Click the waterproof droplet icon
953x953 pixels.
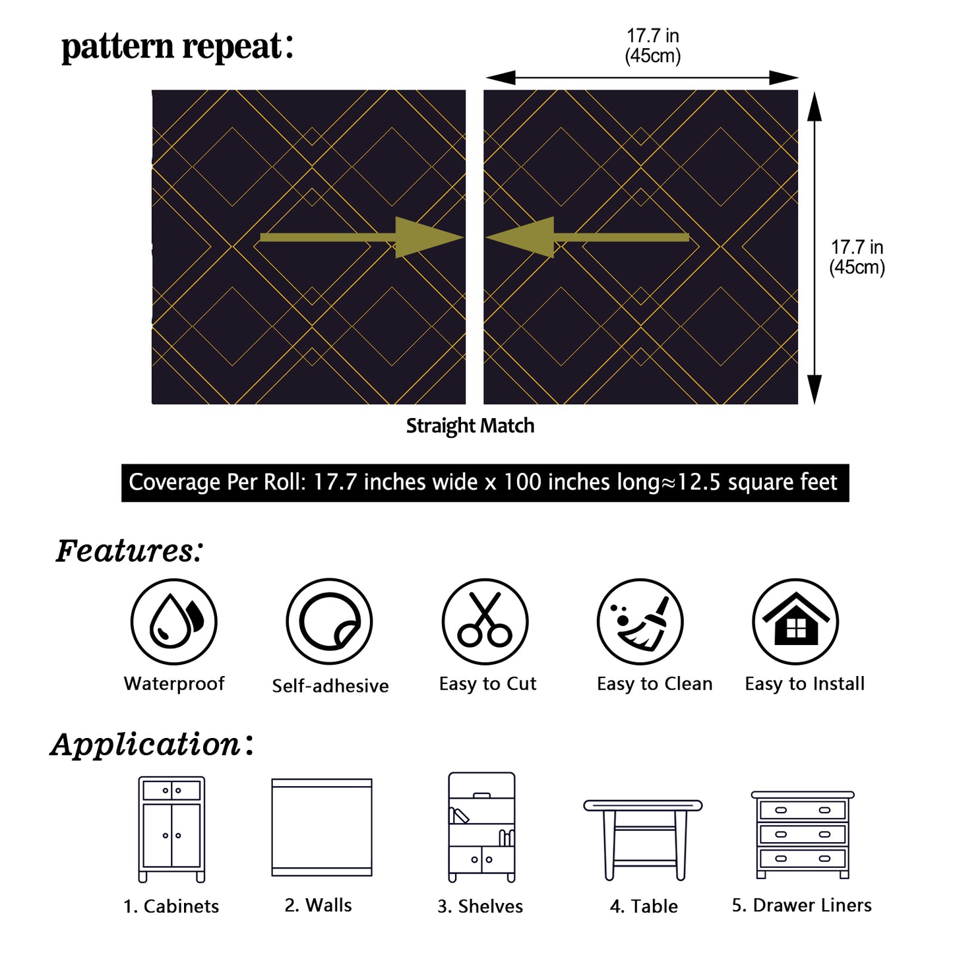pyautogui.click(x=173, y=622)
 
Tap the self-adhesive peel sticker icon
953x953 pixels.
pyautogui.click(x=329, y=622)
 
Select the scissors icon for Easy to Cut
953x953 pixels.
pyautogui.click(x=485, y=622)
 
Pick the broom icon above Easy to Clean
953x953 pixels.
pyautogui.click(x=640, y=622)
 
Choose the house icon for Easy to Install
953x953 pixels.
pyautogui.click(x=795, y=622)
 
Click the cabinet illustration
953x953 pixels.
pyautogui.click(x=171, y=829)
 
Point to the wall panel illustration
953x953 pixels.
pyautogui.click(x=322, y=828)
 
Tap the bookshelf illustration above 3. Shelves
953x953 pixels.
pyautogui.click(x=481, y=827)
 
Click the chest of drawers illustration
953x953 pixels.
pyautogui.click(x=803, y=834)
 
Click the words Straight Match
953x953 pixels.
pyautogui.click(x=470, y=426)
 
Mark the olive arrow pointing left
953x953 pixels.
pyautogui.click(x=587, y=237)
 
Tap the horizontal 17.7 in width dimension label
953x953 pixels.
pyautogui.click(x=653, y=46)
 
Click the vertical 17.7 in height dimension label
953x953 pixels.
pyautogui.click(x=857, y=257)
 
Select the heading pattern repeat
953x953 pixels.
pyautogui.click(x=177, y=47)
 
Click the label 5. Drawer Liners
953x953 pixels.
pyautogui.click(x=801, y=906)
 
